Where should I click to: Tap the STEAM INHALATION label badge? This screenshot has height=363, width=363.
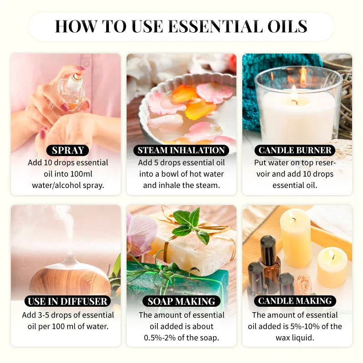click(181, 150)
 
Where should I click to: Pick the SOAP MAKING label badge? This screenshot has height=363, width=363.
click(181, 301)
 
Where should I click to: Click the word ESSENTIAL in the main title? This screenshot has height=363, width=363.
click(217, 26)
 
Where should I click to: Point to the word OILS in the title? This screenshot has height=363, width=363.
click(287, 26)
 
